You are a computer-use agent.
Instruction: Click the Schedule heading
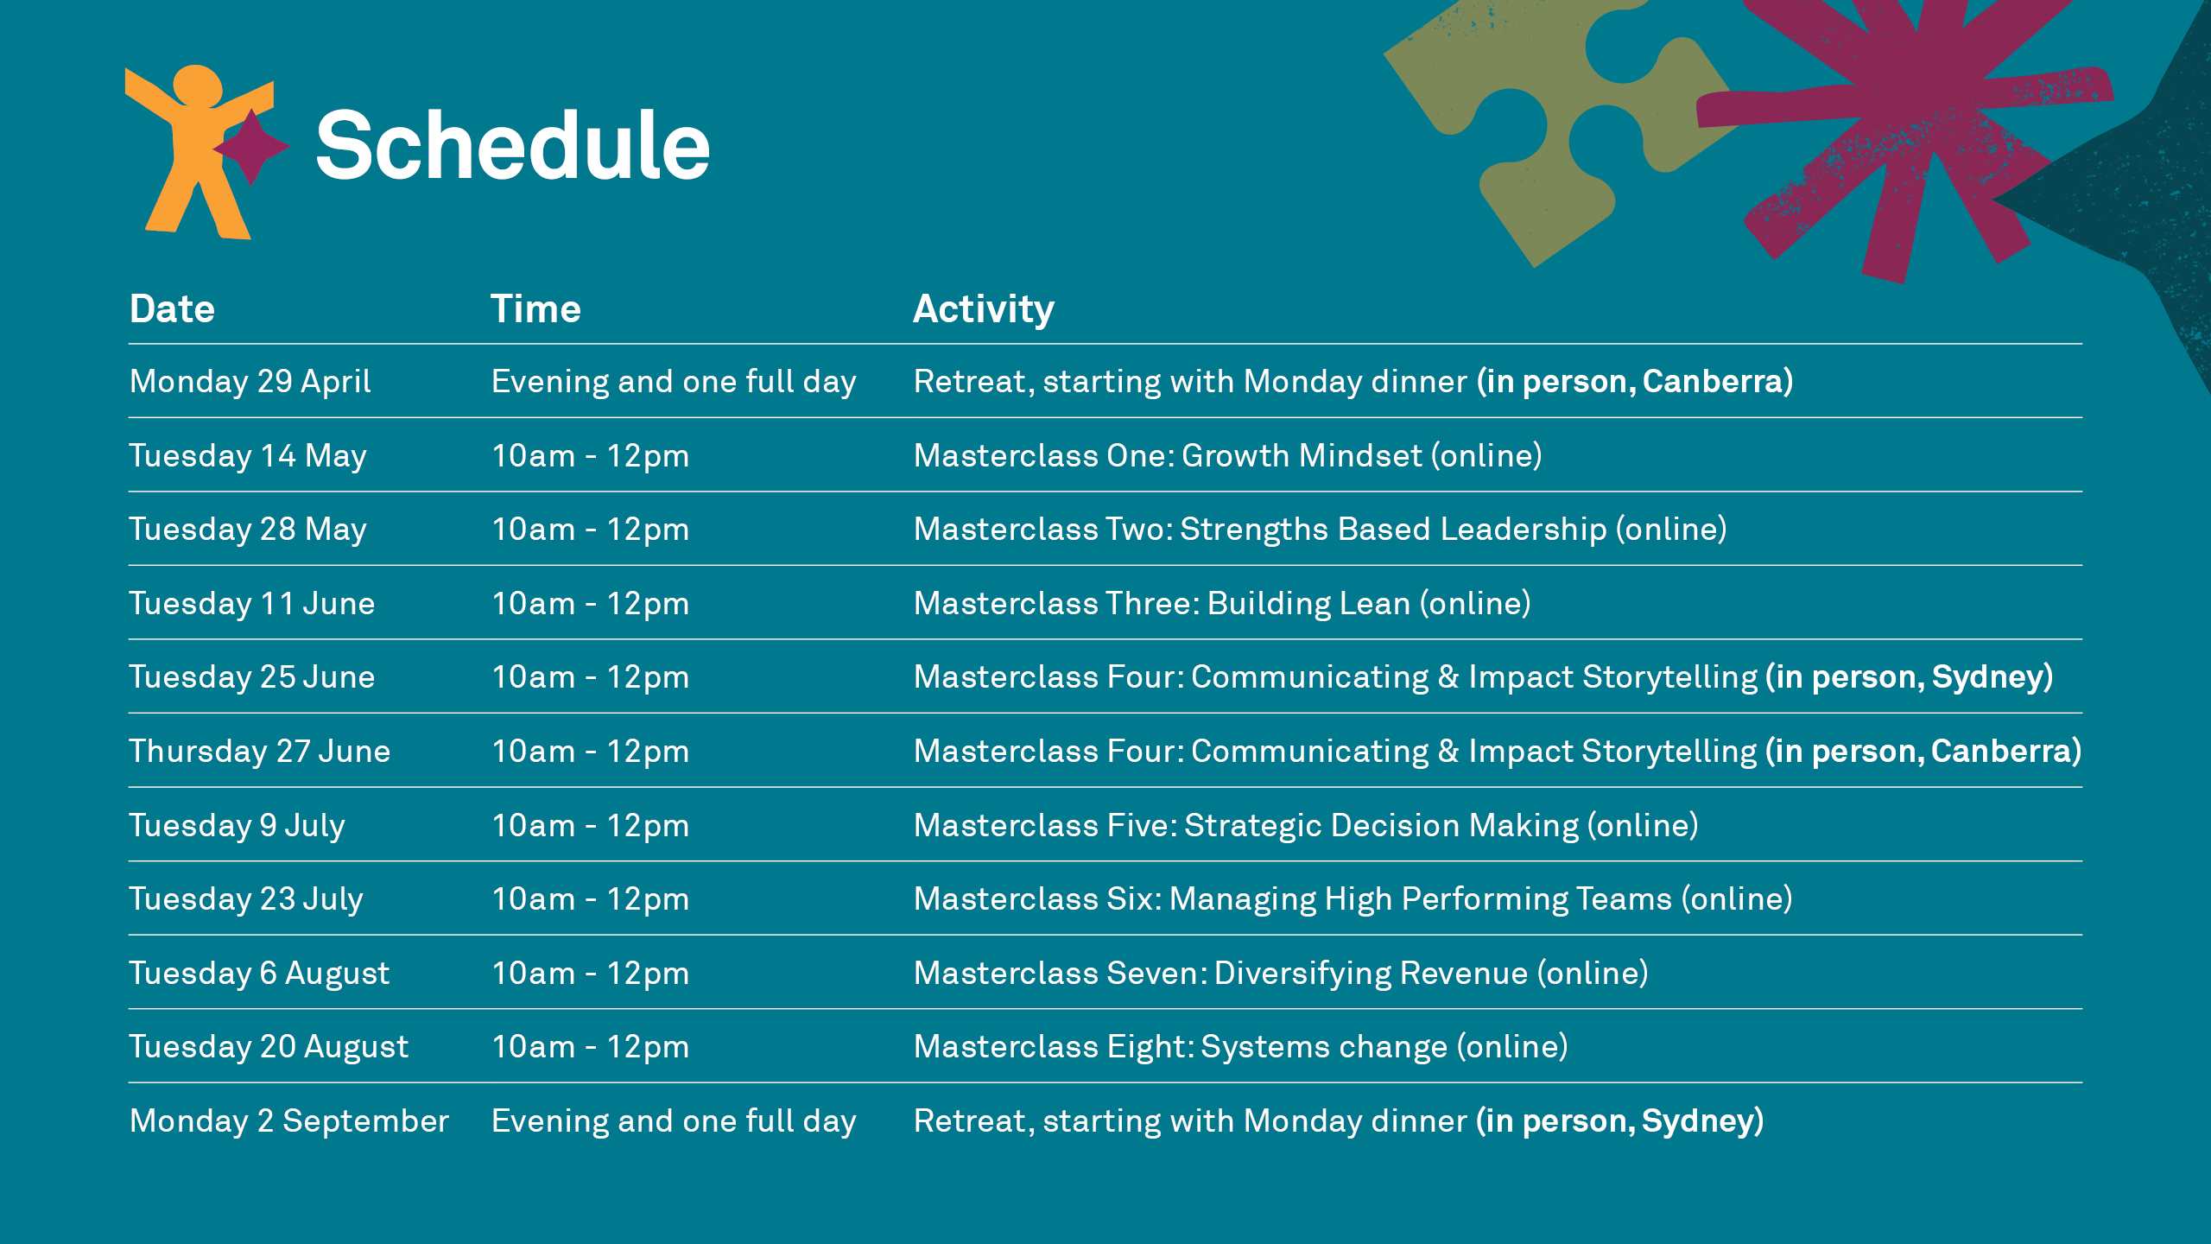click(512, 146)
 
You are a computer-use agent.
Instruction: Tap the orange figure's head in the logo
click(198, 86)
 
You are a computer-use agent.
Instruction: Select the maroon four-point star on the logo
click(251, 147)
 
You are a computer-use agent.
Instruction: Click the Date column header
click(172, 308)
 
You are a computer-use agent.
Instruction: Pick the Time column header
click(535, 308)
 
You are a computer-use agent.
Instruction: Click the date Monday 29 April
click(250, 382)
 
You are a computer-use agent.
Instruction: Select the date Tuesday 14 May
click(248, 456)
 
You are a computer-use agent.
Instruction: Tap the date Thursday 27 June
click(260, 752)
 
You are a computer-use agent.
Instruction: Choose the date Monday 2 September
click(289, 1120)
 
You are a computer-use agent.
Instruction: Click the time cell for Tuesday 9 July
click(591, 826)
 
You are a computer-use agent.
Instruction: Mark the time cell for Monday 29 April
click(674, 382)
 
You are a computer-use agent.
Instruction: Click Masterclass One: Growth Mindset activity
click(1228, 455)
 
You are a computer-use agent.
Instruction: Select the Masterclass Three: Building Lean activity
click(1222, 603)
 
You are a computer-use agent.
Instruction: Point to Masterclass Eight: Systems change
click(1241, 1047)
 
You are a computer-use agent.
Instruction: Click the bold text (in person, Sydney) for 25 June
click(1909, 677)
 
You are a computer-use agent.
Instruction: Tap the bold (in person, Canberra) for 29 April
click(1635, 382)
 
